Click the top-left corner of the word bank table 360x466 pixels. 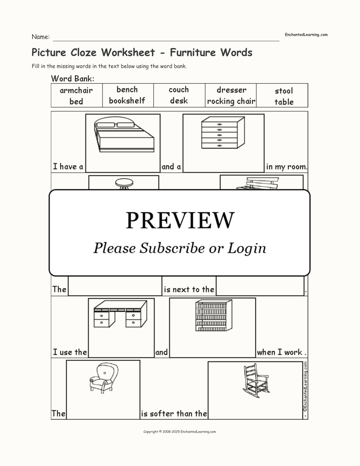tap(51, 84)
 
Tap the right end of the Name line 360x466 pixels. tap(279, 41)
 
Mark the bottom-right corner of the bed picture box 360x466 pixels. tap(160, 172)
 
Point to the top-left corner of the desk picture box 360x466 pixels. tap(88, 298)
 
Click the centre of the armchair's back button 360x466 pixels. tap(105, 373)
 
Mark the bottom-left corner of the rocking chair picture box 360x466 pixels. tap(208, 419)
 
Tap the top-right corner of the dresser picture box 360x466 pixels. tap(264, 114)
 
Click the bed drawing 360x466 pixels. tap(124, 134)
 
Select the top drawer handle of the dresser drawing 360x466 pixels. tap(219, 124)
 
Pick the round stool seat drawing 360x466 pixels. tap(124, 183)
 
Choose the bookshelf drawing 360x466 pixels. tap(214, 315)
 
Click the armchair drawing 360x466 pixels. tap(104, 378)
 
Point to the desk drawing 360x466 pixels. tap(120, 314)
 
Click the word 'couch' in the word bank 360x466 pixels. tap(179, 90)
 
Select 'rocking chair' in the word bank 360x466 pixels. tap(231, 101)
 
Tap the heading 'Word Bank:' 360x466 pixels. tap(73, 79)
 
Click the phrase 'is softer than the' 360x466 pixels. tap(174, 414)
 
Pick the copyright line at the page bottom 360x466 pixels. tap(180, 432)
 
